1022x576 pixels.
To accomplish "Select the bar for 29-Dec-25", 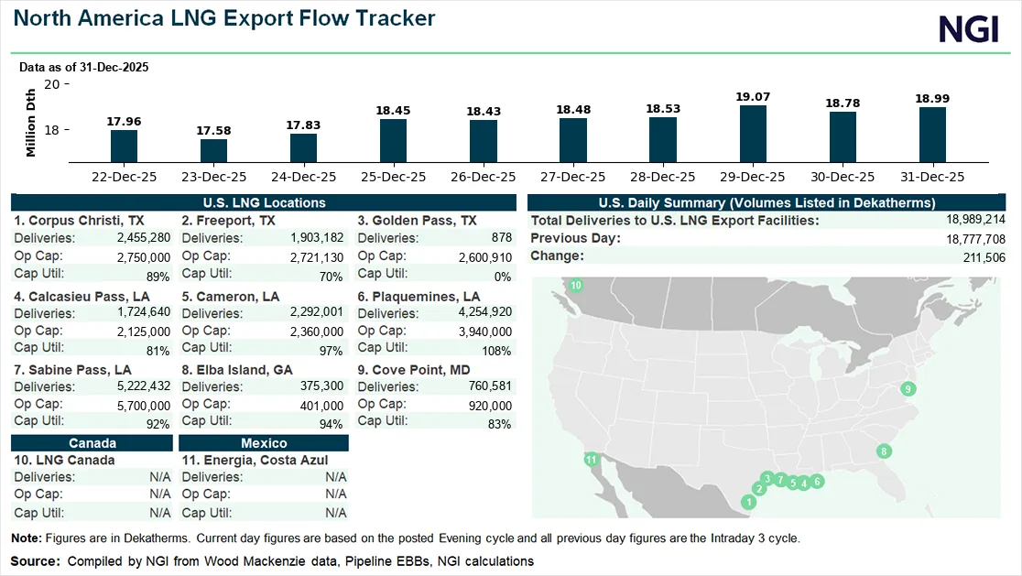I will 753,134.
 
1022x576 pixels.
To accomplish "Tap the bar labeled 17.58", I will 213,150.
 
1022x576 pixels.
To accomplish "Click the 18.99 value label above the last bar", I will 932,98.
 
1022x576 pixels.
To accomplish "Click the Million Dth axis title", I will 31,123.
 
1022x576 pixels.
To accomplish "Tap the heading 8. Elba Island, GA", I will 238,370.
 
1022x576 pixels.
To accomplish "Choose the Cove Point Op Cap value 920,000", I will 489,406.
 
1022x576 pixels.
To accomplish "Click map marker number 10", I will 576,287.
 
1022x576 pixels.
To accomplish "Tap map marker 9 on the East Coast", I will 908,389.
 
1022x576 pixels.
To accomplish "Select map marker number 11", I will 592,460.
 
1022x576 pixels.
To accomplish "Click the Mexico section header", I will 264,443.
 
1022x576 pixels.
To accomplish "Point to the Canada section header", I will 92,443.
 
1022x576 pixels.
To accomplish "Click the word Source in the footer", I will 33,560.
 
